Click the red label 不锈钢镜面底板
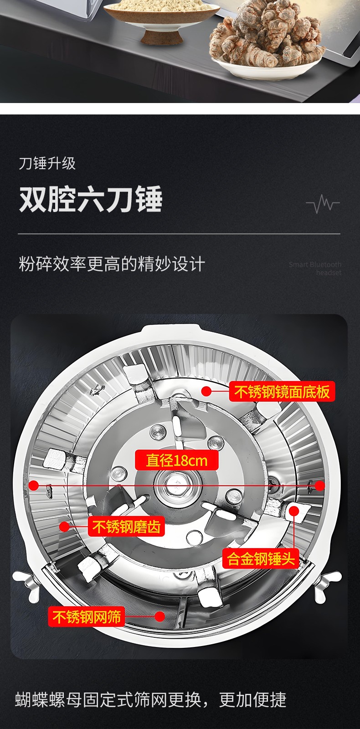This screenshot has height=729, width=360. (x=282, y=391)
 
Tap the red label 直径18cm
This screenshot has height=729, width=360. (x=177, y=460)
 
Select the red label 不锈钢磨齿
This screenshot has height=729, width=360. (x=127, y=526)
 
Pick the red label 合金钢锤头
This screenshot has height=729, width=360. (x=261, y=559)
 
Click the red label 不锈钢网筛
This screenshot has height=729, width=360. (x=87, y=616)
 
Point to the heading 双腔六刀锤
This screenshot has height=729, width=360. (x=91, y=199)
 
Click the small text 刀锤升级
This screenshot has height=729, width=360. (x=47, y=163)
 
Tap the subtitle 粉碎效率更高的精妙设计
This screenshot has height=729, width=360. (x=112, y=264)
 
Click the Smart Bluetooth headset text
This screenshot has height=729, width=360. (x=315, y=269)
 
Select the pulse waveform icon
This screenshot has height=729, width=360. (x=323, y=204)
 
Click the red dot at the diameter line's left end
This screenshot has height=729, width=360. (x=34, y=486)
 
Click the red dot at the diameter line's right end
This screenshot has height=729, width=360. (x=320, y=486)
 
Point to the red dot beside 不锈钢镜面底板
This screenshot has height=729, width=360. (x=206, y=391)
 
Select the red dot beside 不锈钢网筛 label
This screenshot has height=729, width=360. (x=159, y=616)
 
